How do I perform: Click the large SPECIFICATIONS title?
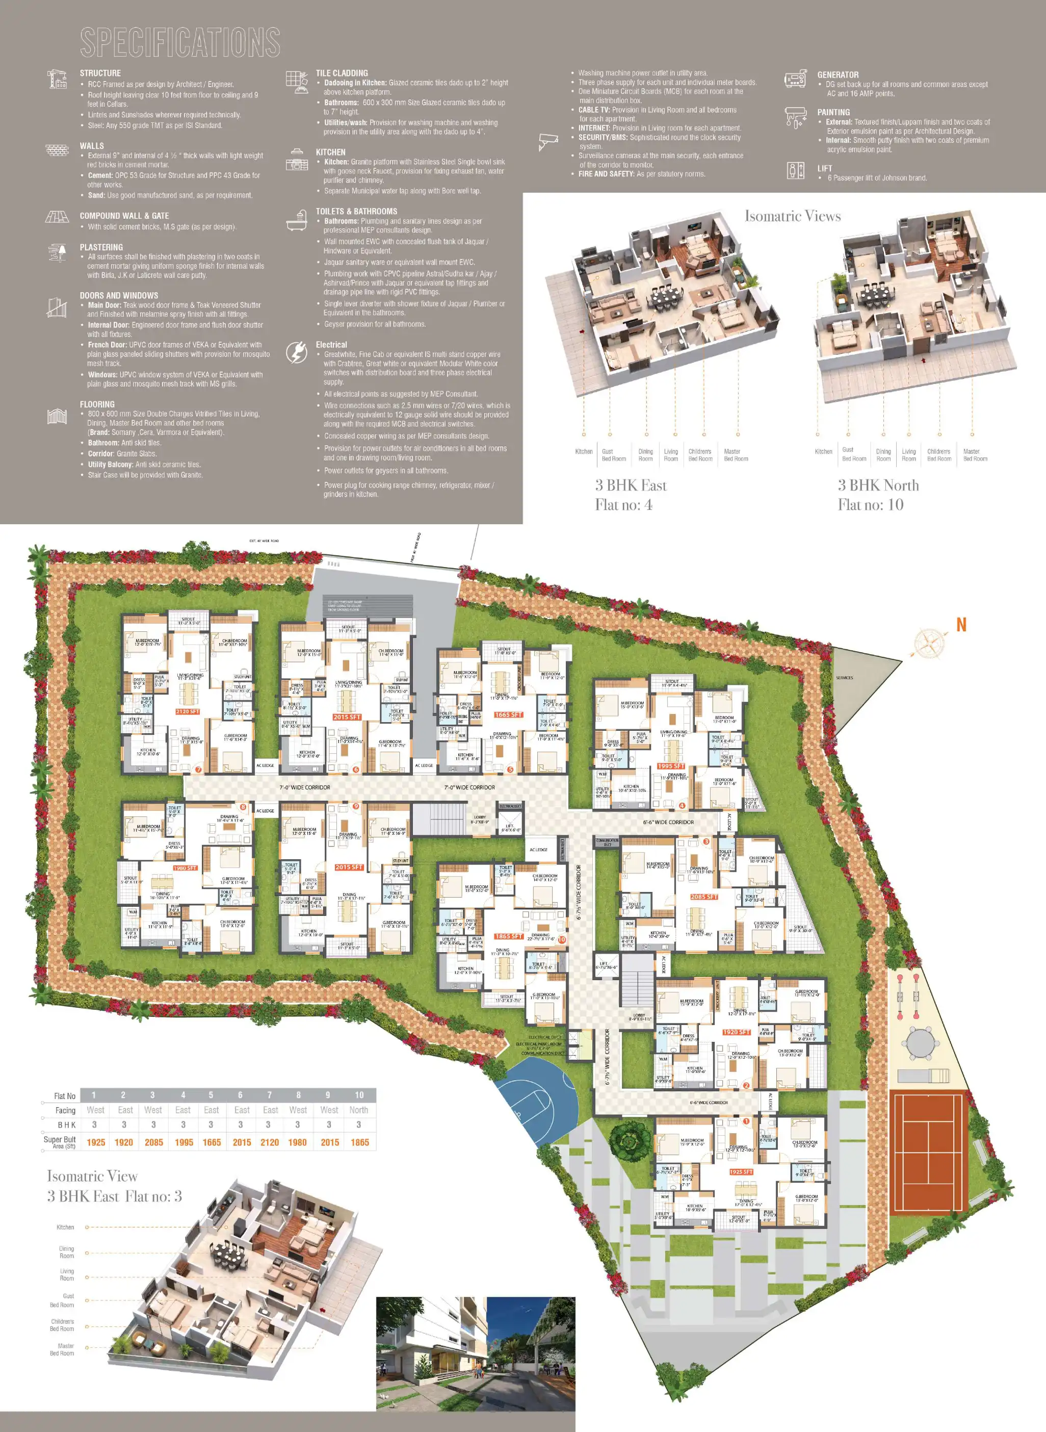(x=180, y=42)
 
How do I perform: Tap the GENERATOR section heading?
(x=838, y=75)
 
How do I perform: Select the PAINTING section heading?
(x=833, y=112)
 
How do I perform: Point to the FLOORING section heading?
(x=97, y=404)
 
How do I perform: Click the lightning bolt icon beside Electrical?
(x=296, y=352)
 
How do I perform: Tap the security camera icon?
(x=547, y=142)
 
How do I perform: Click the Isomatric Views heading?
(x=792, y=216)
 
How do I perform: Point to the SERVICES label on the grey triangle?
(x=844, y=678)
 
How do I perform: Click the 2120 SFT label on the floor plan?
(x=188, y=712)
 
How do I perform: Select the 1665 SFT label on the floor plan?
(x=508, y=715)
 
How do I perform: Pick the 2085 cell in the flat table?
(x=154, y=1142)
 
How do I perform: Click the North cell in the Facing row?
(x=358, y=1110)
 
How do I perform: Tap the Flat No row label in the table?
(x=65, y=1096)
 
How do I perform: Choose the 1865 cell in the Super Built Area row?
(x=360, y=1142)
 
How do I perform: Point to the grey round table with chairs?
(x=916, y=1042)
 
